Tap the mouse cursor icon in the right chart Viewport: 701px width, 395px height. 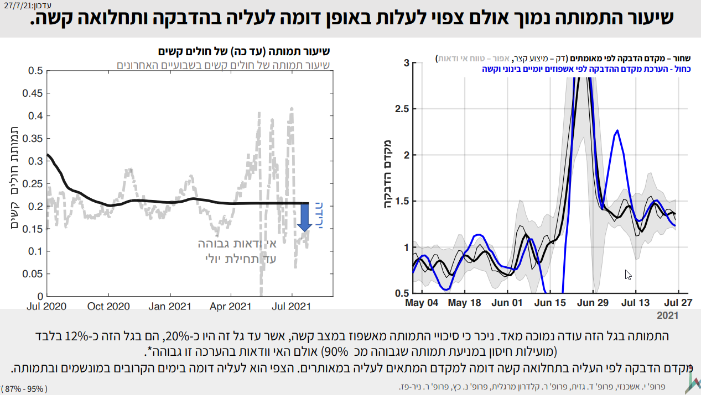(x=628, y=275)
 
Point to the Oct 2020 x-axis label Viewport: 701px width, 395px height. (x=110, y=306)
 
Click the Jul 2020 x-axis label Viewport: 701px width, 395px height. (x=46, y=306)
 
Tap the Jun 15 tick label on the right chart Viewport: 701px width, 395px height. (x=551, y=303)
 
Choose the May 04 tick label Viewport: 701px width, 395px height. (x=422, y=303)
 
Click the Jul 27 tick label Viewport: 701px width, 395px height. (x=678, y=303)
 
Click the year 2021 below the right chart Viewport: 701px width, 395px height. (x=667, y=316)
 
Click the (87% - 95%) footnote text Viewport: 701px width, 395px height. (x=25, y=388)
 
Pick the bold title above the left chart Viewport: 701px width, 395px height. (x=243, y=52)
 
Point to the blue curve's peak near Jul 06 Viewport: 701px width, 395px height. (x=617, y=131)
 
